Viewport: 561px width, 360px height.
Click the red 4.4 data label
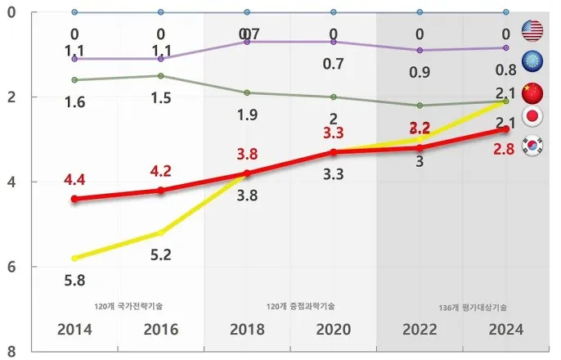74,178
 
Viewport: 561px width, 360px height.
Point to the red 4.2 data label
160,172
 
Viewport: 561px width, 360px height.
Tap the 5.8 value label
74,280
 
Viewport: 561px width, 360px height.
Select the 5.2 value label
160,254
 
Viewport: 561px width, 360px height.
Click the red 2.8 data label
505,148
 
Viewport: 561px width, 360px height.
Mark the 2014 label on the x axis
74,330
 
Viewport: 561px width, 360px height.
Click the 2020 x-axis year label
333,330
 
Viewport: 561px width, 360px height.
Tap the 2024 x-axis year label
505,330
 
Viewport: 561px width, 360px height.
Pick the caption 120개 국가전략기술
128,306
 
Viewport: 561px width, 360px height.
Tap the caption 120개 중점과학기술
301,306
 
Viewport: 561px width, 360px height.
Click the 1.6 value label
74,102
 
